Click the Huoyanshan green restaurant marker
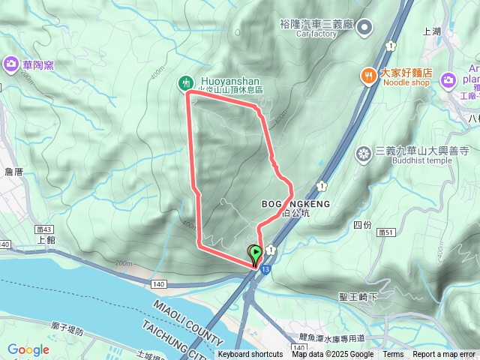[185, 83]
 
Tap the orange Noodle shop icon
[367, 75]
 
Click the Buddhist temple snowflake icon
[364, 154]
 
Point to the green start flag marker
[256, 253]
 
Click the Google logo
[28, 349]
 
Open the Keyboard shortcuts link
[250, 355]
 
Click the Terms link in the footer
[393, 355]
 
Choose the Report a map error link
[444, 355]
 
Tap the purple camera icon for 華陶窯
[11, 64]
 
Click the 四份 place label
[362, 224]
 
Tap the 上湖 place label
[432, 31]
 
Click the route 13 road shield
[266, 268]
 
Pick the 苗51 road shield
[387, 232]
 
